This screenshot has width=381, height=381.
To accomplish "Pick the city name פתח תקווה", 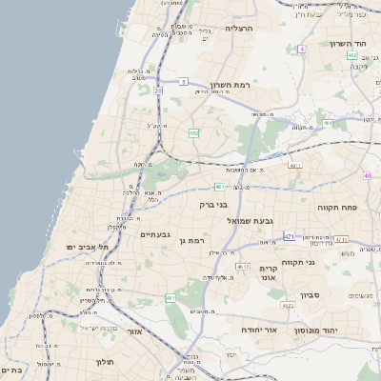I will [337, 206].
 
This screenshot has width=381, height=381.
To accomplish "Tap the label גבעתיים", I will [155, 234].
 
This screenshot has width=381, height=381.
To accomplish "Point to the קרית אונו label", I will [269, 273].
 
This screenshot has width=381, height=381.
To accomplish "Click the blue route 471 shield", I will [290, 235].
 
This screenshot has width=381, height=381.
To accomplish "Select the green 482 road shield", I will [193, 133].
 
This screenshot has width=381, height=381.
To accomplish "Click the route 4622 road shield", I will [288, 306].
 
